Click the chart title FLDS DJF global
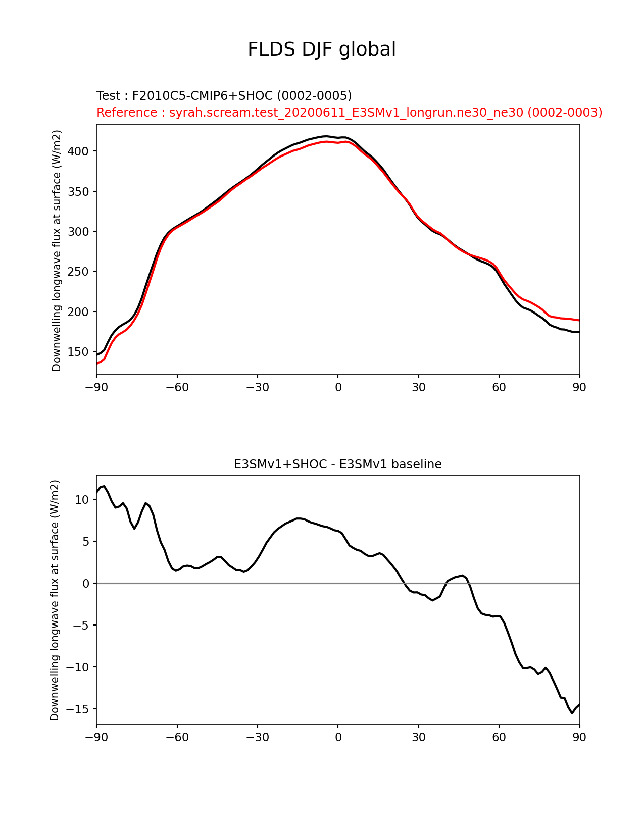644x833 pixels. [321, 49]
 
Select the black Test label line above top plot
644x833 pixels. [224, 96]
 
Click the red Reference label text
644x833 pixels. [349, 113]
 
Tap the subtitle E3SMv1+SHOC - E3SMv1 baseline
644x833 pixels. [337, 464]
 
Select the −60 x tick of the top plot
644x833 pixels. [177, 387]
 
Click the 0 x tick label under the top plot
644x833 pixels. [338, 387]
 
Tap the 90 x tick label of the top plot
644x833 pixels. [579, 387]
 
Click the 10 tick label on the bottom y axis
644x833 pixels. [82, 500]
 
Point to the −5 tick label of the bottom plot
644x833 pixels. [81, 626]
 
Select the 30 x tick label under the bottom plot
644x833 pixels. [418, 738]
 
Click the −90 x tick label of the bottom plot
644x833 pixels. [96, 738]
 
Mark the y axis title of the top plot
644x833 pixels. [57, 250]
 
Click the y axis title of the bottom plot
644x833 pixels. [55, 600]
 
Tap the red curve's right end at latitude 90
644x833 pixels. [579, 320]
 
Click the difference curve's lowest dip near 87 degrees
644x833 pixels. [572, 713]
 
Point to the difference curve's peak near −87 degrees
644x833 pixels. [104, 486]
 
